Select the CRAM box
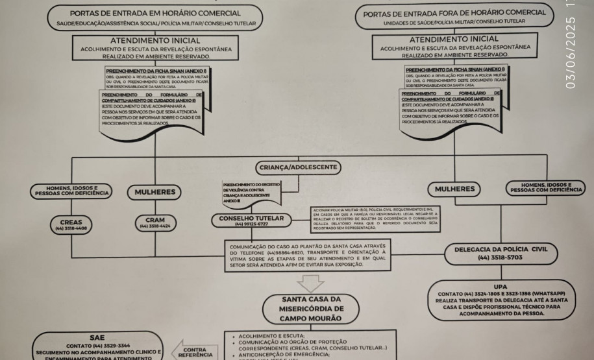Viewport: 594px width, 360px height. point(154,224)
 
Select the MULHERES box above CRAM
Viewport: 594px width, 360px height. point(155,192)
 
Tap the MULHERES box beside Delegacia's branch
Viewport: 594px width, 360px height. point(454,189)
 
